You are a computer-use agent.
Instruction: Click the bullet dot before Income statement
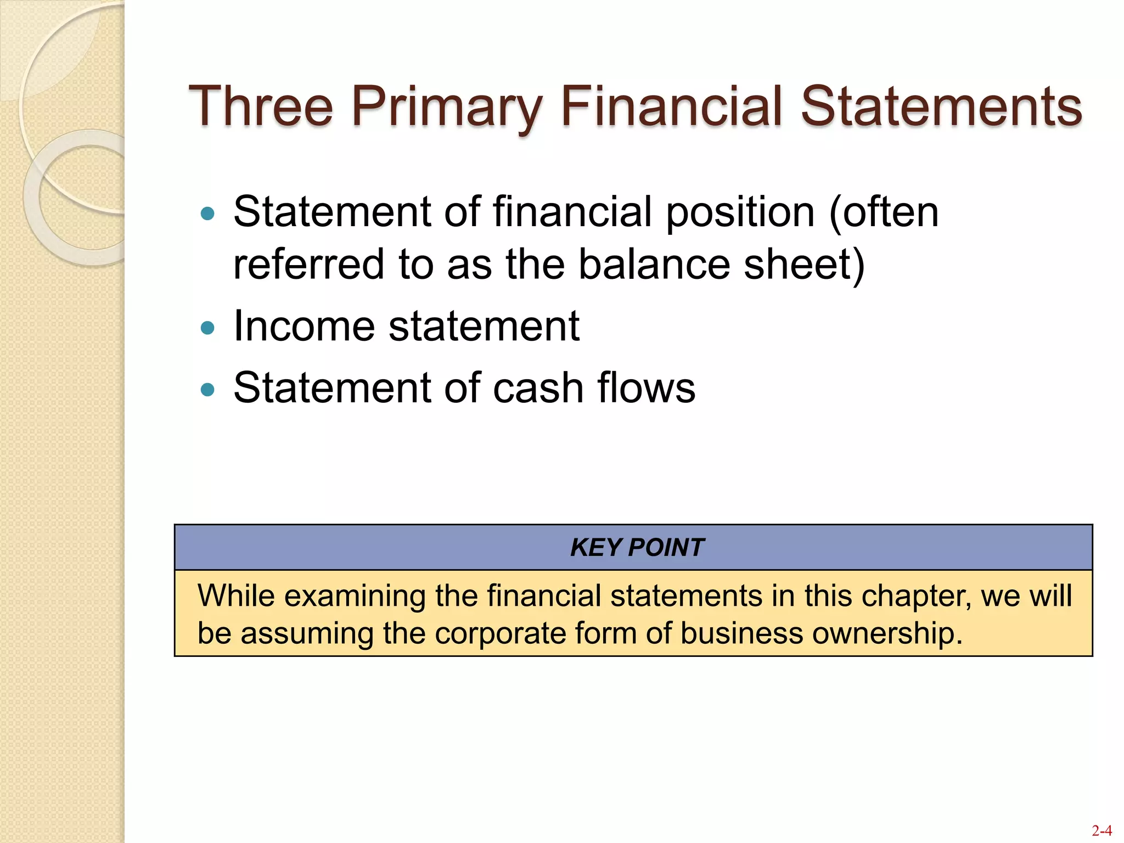[x=207, y=328]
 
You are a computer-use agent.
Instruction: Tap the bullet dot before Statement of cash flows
[x=207, y=390]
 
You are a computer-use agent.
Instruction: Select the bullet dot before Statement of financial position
[x=207, y=213]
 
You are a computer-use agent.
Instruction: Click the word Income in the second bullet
[x=305, y=326]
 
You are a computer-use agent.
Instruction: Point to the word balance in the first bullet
[x=654, y=265]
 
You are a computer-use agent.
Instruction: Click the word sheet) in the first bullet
[x=804, y=265]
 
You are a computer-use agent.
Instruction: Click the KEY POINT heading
[x=637, y=547]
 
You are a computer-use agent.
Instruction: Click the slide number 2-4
[x=1101, y=830]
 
